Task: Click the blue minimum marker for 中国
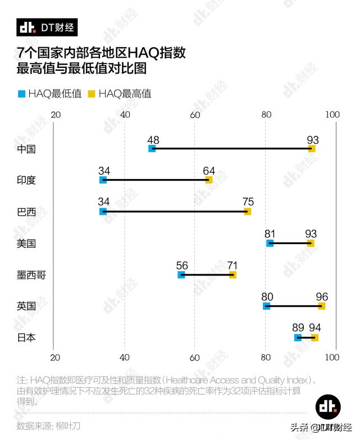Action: click(x=152, y=149)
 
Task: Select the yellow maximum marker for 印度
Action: click(x=209, y=180)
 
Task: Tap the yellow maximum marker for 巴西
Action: click(x=247, y=212)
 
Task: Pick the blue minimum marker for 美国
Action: click(x=270, y=243)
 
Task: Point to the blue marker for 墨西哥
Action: click(x=181, y=274)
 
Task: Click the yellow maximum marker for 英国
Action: click(x=321, y=306)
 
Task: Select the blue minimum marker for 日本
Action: click(x=298, y=337)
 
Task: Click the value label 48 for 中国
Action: click(x=153, y=139)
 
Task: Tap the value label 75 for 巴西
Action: click(x=248, y=202)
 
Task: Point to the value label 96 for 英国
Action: click(x=322, y=296)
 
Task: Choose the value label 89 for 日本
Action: click(x=298, y=328)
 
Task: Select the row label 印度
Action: click(x=26, y=180)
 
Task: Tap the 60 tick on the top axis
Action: click(x=195, y=114)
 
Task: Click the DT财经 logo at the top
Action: click(x=47, y=27)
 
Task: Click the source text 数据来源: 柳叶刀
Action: click(x=49, y=425)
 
